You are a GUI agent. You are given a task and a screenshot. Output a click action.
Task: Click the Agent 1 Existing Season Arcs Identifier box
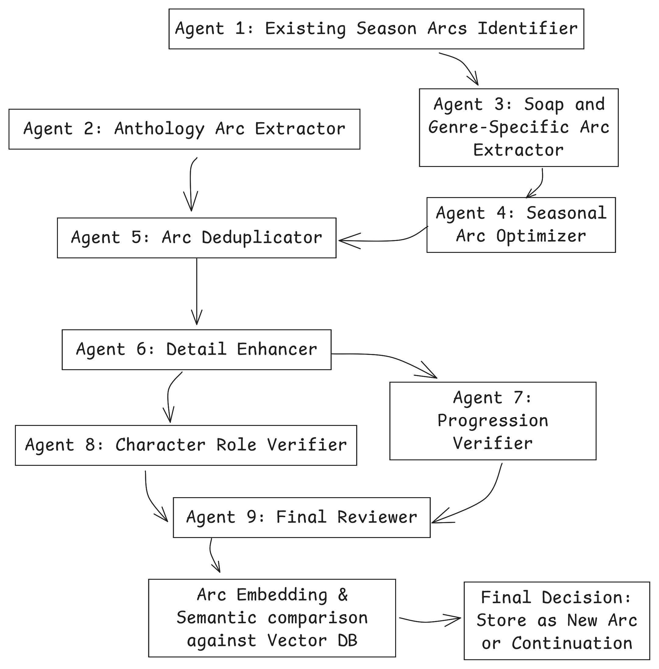pos(376,29)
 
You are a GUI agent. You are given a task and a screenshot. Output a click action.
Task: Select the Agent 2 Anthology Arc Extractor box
pos(184,129)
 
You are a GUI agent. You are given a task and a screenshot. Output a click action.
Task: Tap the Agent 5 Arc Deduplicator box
pos(197,238)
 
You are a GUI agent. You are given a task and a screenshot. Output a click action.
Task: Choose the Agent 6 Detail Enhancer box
pos(197,349)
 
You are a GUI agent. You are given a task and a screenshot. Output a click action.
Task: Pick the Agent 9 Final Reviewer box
pos(301,517)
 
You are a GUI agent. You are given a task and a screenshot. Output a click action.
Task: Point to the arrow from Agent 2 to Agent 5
pos(191,183)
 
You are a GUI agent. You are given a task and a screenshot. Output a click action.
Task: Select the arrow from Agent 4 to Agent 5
pos(384,239)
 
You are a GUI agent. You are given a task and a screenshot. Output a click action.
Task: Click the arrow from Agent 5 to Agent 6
pos(197,291)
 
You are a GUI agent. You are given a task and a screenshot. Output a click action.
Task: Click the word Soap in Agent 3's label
pos(544,104)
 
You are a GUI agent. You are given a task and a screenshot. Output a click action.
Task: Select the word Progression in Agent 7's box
pos(493,421)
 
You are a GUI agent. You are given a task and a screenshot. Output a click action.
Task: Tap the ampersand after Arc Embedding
pos(343,595)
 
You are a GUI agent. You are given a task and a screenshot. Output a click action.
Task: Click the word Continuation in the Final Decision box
pos(572,643)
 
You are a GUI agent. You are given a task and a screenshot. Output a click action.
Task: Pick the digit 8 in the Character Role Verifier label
pos(90,445)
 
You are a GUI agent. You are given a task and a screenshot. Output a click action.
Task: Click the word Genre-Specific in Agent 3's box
pos(498,127)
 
